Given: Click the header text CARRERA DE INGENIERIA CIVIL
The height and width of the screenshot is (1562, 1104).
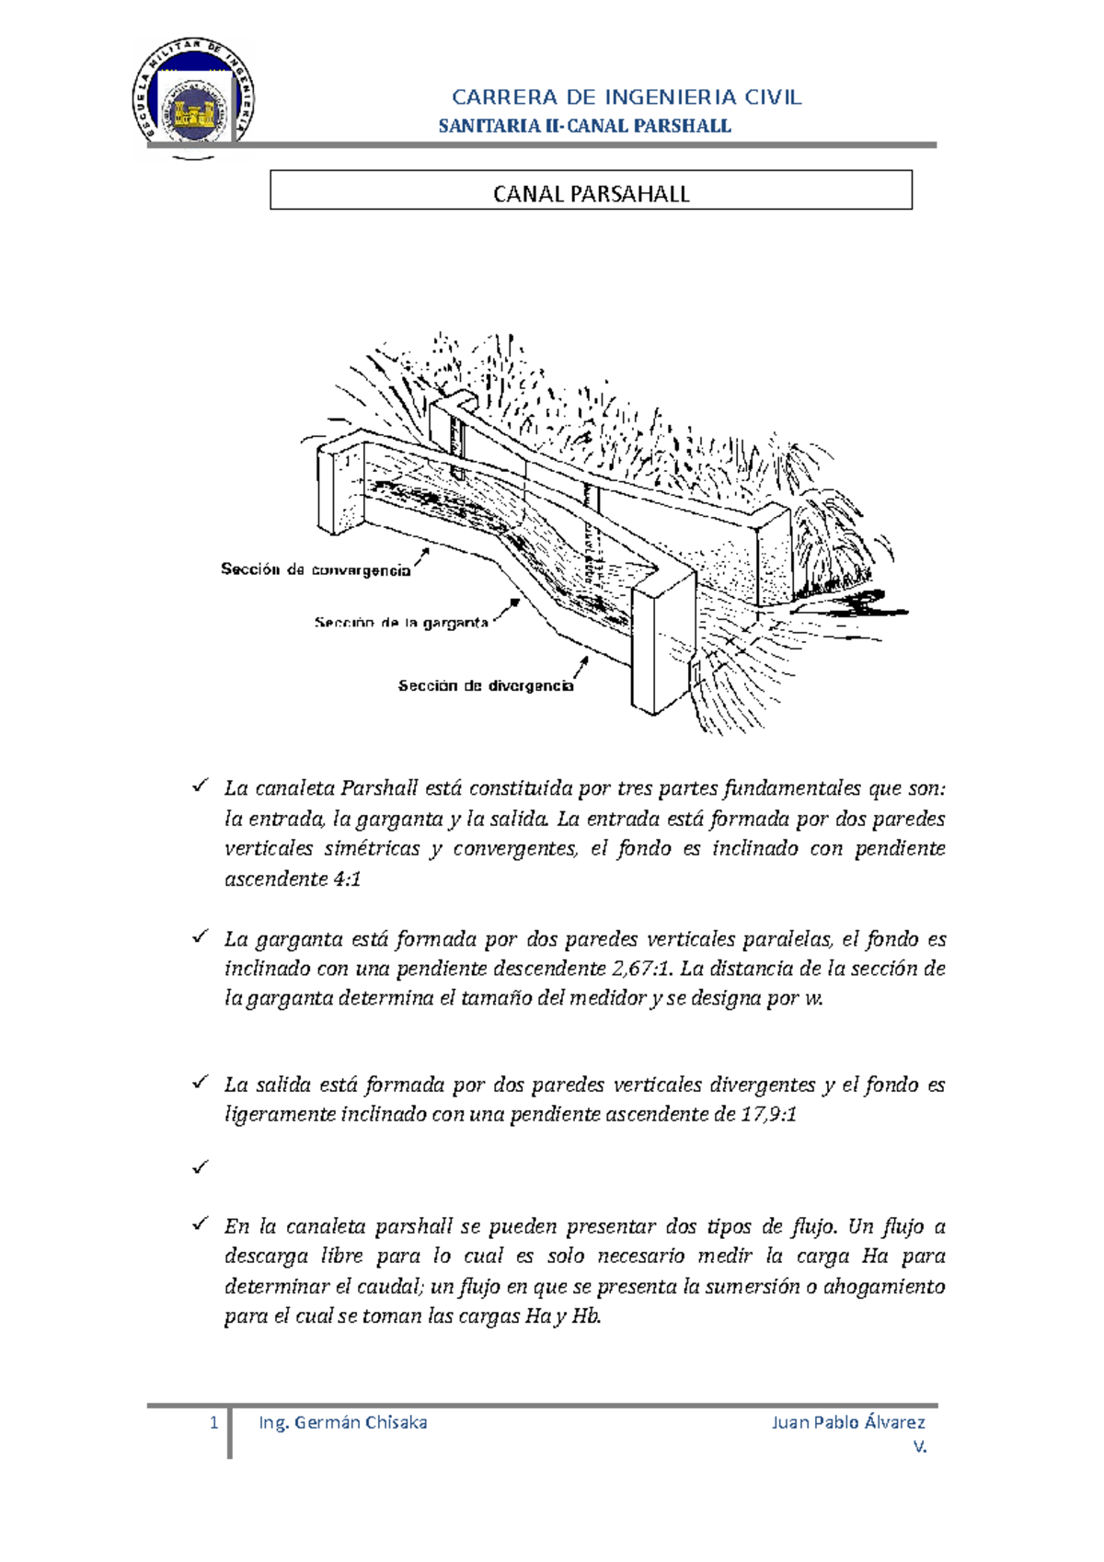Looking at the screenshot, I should tap(627, 98).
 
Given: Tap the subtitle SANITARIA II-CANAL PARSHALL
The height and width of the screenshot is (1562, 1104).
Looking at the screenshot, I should tap(584, 126).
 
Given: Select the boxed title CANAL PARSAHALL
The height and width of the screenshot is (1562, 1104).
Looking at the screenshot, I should tap(591, 193).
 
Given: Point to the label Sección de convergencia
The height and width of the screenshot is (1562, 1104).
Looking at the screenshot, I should tap(316, 569).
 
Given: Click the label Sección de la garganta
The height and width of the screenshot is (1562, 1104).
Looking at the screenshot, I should tap(401, 623).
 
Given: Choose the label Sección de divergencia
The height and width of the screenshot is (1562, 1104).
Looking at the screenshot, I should tap(485, 685).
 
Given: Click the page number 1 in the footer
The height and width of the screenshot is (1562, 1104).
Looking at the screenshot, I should tap(214, 1423).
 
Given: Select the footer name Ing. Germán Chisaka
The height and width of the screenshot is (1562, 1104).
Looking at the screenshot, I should tap(343, 1423).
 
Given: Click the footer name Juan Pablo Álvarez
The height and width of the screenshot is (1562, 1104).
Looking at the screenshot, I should tap(847, 1423).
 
